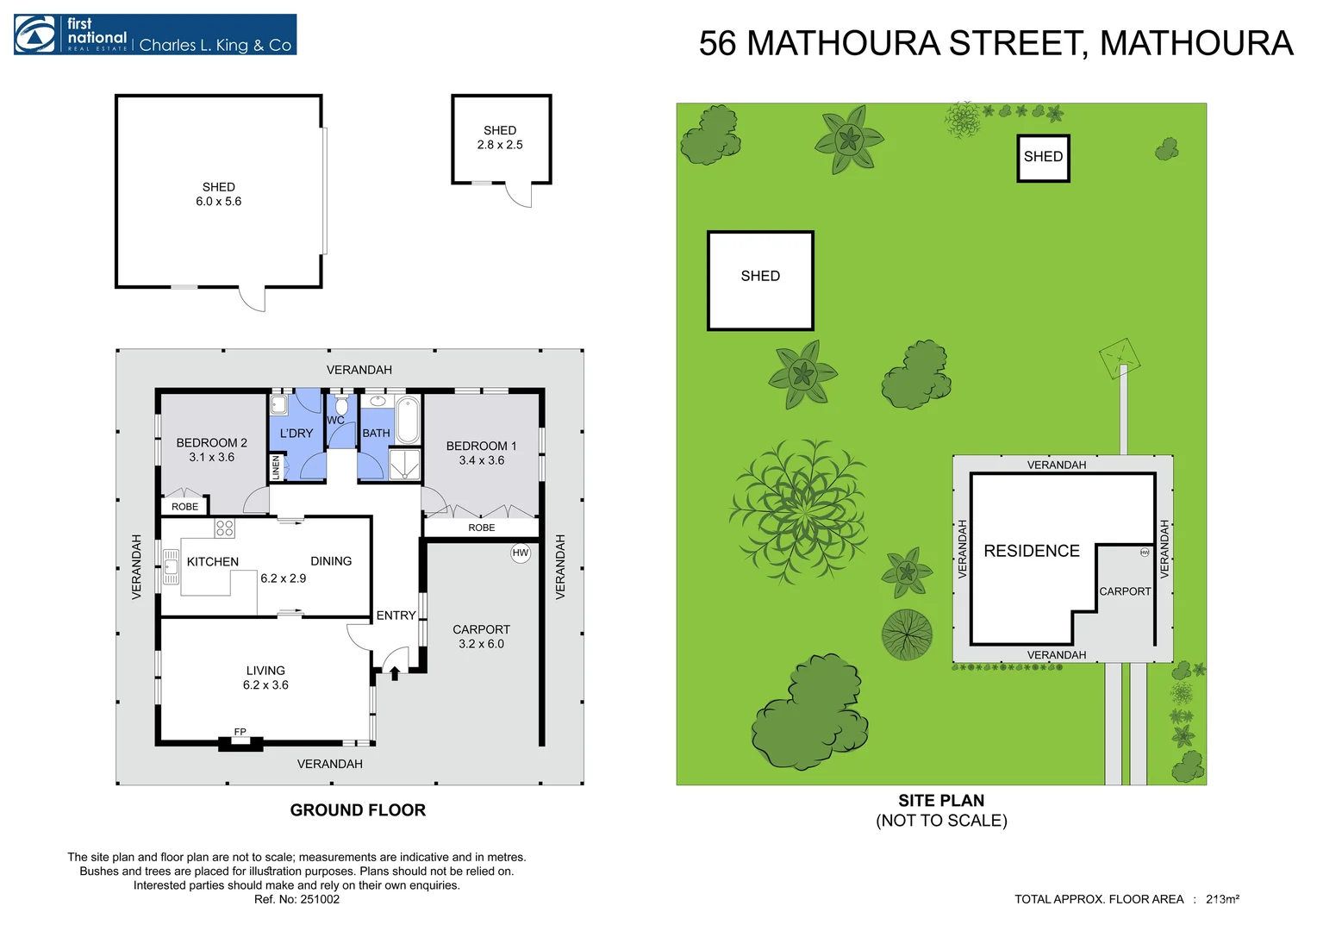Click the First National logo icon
(x=35, y=34)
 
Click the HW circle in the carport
(x=521, y=553)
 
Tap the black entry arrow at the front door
(x=395, y=672)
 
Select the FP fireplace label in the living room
(x=240, y=732)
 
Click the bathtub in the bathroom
(x=408, y=421)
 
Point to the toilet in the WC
(x=341, y=404)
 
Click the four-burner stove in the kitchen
(x=224, y=528)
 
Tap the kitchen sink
(x=171, y=567)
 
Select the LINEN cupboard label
(x=276, y=467)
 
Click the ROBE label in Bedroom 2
(x=184, y=506)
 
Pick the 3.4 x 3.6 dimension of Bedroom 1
(x=482, y=460)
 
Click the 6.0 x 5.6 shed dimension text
(x=219, y=201)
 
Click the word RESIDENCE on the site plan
(x=1032, y=551)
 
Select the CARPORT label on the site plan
(x=1125, y=591)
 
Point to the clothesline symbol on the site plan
(x=1120, y=358)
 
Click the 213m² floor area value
(x=1222, y=899)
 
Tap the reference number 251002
(x=320, y=899)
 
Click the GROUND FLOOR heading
(x=358, y=809)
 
